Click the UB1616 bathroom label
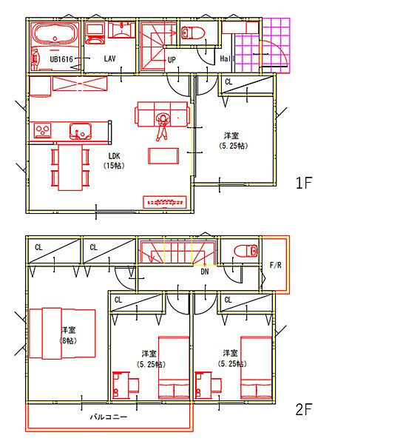(x=61, y=59)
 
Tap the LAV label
(x=109, y=58)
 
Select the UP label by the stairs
(x=172, y=60)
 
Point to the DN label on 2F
(x=205, y=272)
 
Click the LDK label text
(x=114, y=155)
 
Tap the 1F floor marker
(x=304, y=183)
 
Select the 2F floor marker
(x=304, y=409)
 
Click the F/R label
(x=275, y=266)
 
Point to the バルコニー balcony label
(x=109, y=417)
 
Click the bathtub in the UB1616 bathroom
(x=55, y=33)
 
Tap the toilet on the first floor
(x=193, y=33)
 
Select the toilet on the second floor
(x=246, y=251)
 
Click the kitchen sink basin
(x=81, y=132)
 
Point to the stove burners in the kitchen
(x=43, y=130)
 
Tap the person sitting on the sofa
(x=162, y=127)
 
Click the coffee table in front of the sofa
(x=163, y=156)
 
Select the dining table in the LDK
(x=70, y=167)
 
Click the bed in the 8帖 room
(x=62, y=334)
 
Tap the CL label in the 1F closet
(x=228, y=82)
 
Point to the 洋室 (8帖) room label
(x=69, y=335)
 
